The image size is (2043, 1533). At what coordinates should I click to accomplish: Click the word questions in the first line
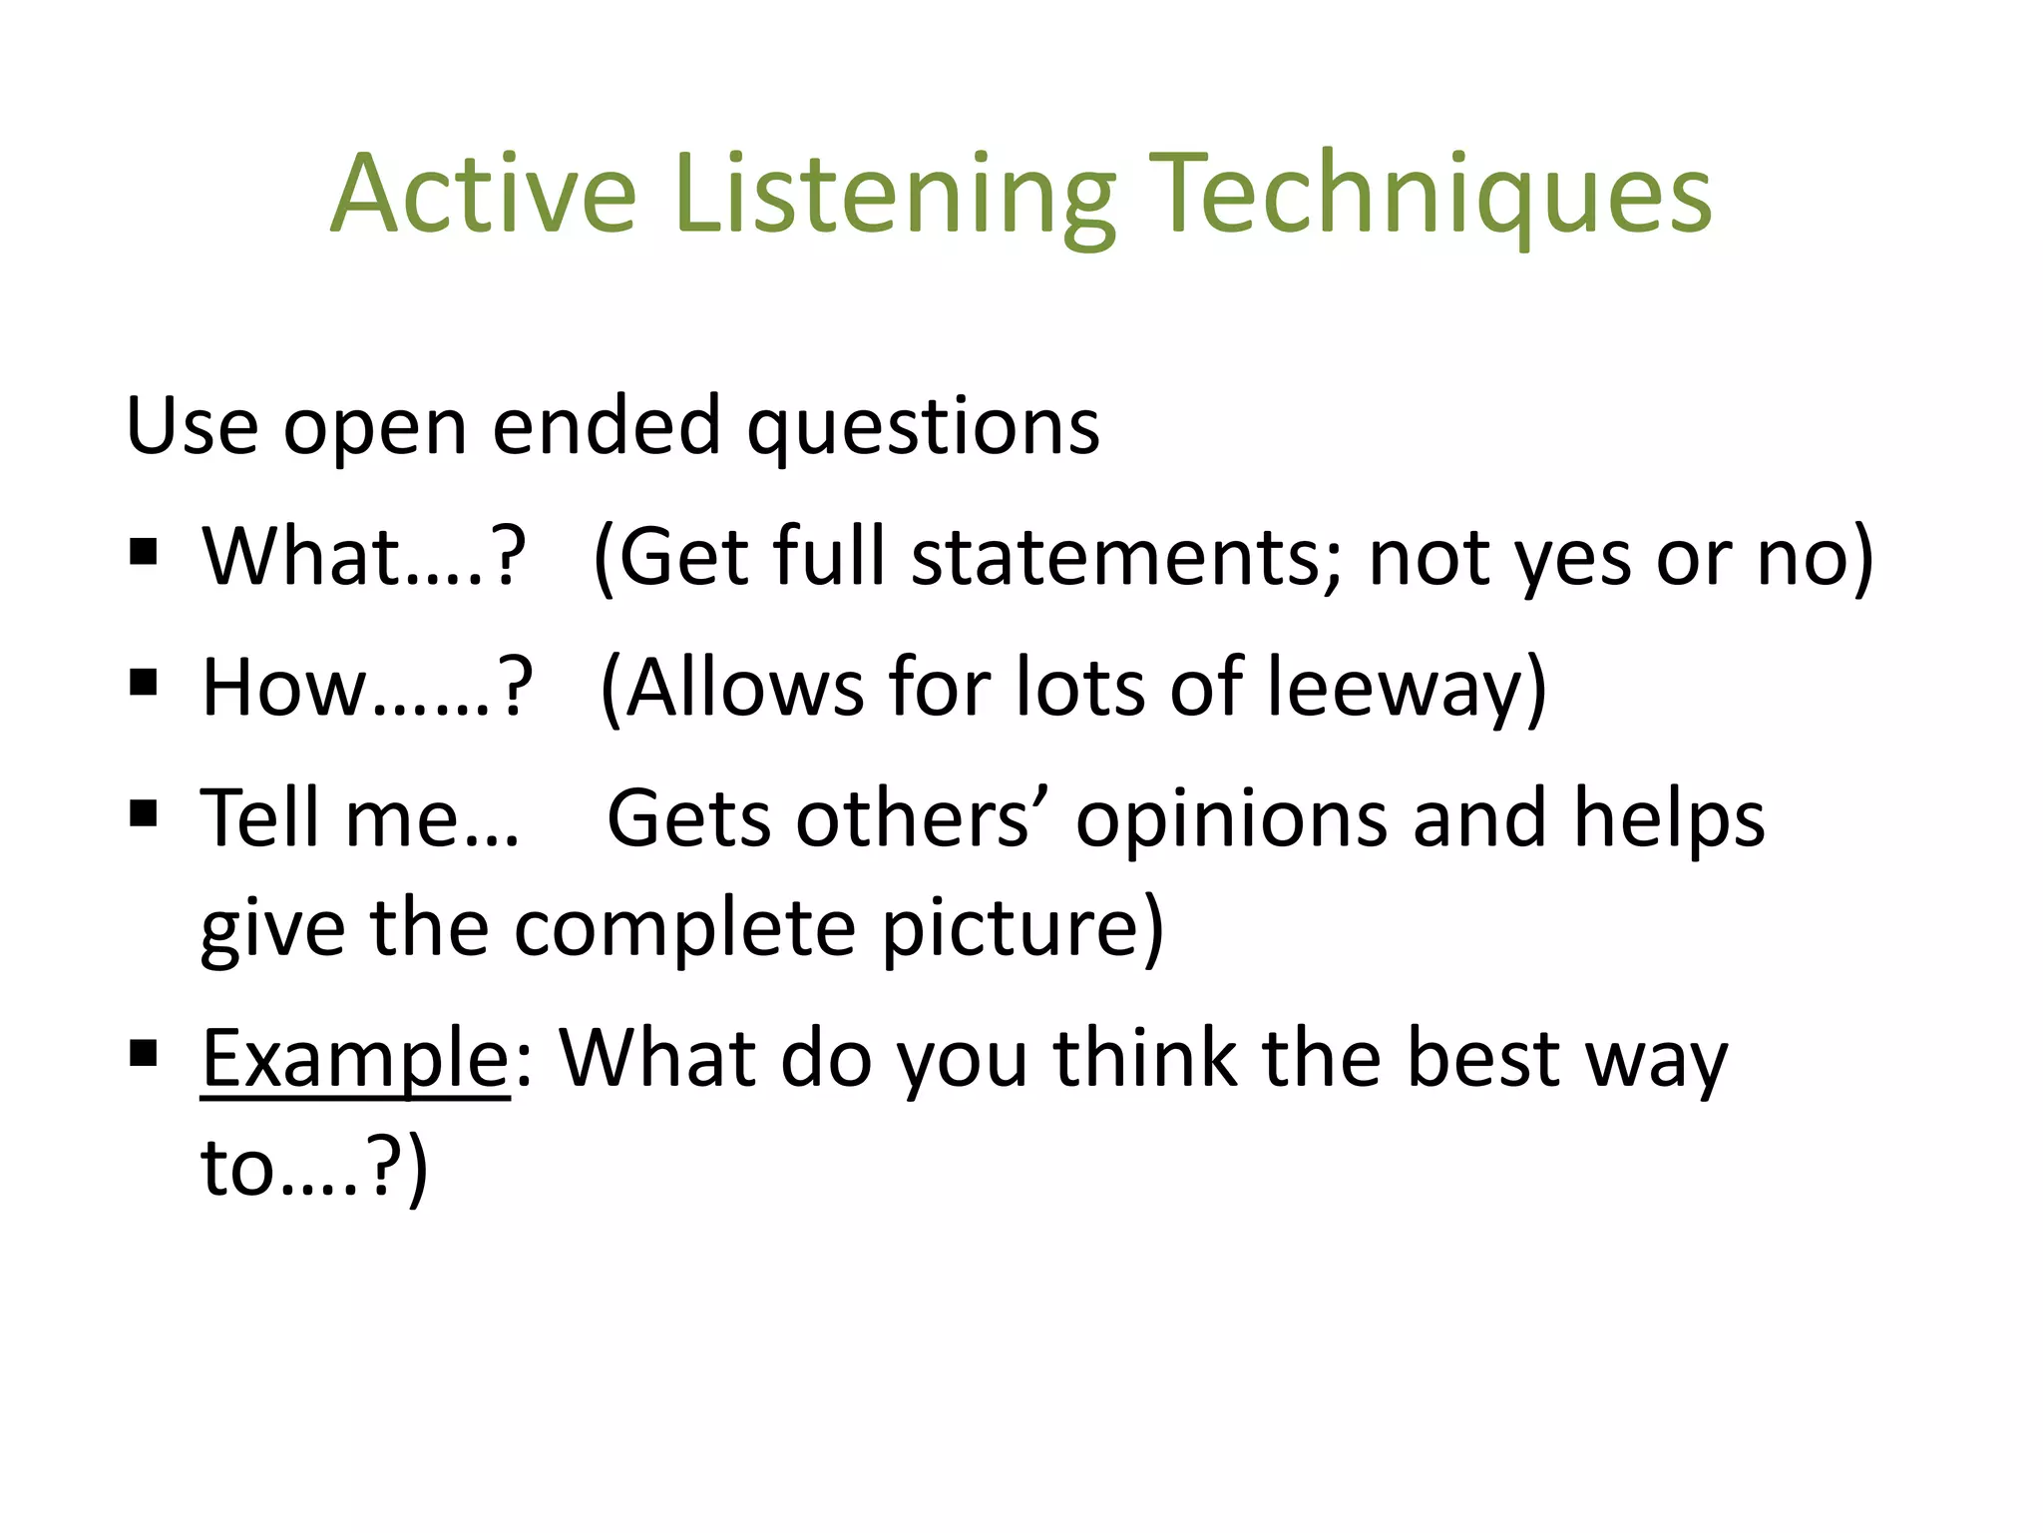pyautogui.click(x=924, y=427)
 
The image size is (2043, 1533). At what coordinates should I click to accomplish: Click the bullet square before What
pyautogui.click(x=144, y=552)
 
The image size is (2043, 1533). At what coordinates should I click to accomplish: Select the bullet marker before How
pyautogui.click(x=144, y=683)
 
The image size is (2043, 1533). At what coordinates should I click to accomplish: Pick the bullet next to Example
pyautogui.click(x=144, y=1052)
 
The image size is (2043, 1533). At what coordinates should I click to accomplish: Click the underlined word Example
pyautogui.click(x=355, y=1058)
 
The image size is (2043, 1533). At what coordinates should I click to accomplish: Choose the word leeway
pyautogui.click(x=1406, y=689)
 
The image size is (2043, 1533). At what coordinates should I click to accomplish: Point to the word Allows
pyautogui.click(x=744, y=689)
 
